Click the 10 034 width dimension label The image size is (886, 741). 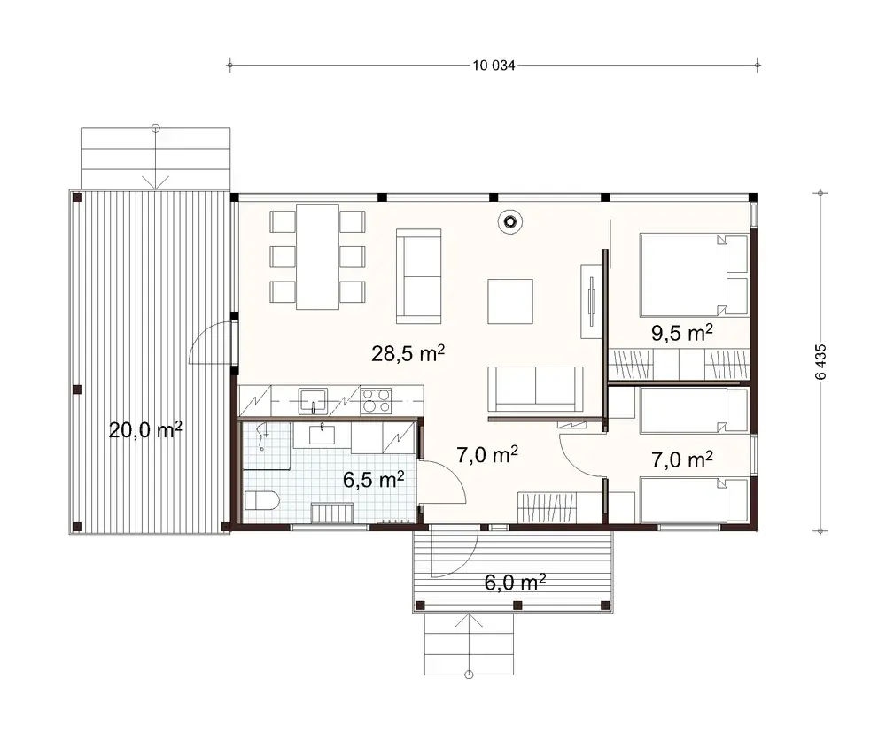tap(494, 65)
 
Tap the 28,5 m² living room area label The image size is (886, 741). tap(408, 354)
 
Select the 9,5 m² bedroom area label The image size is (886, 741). tap(681, 333)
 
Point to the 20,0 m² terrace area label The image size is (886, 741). tap(145, 430)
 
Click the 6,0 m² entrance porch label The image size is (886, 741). tap(514, 582)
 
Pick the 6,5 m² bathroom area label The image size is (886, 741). tap(373, 480)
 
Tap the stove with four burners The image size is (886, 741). tap(376, 401)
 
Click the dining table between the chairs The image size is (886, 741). tap(317, 256)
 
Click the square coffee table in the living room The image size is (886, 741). tap(509, 301)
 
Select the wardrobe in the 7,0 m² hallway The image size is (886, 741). tap(548, 508)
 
